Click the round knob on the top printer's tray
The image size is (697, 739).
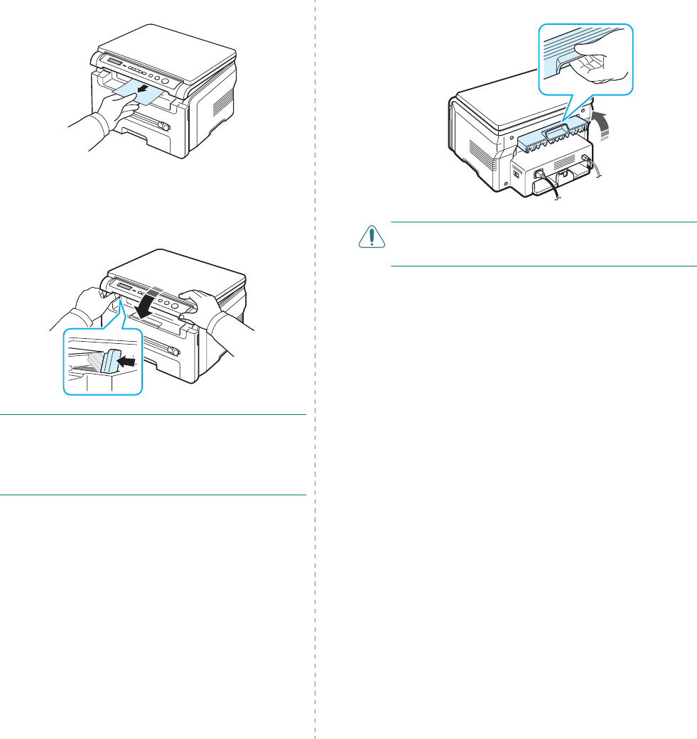click(163, 126)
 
